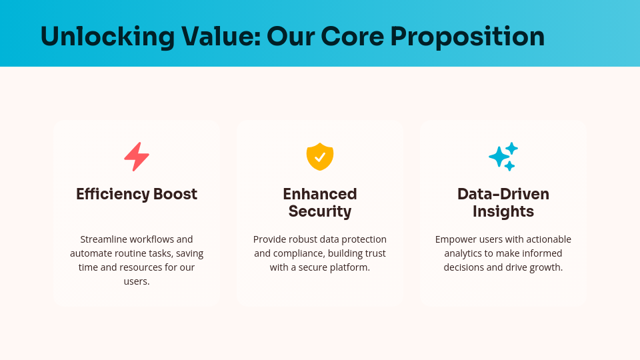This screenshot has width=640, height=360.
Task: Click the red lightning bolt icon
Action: coord(137,157)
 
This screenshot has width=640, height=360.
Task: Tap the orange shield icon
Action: coord(320,157)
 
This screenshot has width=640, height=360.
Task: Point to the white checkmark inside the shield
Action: coord(320,157)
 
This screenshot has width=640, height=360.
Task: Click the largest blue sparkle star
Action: coord(498,157)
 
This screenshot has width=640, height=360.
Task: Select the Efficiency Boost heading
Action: coord(137,194)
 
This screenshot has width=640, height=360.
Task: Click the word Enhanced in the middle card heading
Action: coord(320,194)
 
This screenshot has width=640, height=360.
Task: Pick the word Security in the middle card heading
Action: coord(320,211)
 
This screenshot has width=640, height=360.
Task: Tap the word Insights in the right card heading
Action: coord(503,211)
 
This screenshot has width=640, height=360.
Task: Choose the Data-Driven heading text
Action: coord(503,194)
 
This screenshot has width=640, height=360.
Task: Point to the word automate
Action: coord(92,253)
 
